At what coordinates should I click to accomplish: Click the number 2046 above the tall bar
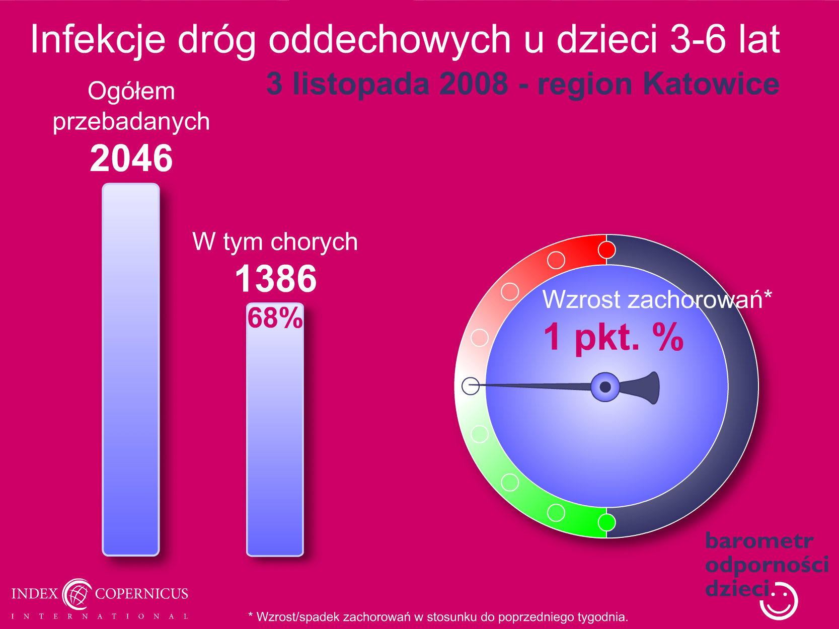point(131,158)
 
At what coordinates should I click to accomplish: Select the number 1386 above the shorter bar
point(276,279)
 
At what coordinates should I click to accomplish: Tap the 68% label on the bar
point(275,318)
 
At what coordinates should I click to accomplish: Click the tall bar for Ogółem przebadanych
point(131,369)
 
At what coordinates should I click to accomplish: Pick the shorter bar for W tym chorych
point(275,430)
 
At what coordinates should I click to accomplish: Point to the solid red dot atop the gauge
point(606,250)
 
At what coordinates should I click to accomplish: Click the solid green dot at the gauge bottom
point(606,522)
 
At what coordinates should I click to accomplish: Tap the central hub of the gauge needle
point(605,387)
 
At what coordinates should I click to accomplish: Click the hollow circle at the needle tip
point(471,386)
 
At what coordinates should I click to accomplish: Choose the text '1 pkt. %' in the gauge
point(614,337)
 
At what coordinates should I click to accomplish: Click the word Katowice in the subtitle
point(711,84)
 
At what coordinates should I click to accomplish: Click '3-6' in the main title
point(698,39)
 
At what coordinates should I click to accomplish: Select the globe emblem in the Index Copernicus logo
point(77,594)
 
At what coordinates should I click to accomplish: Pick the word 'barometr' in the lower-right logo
point(759,540)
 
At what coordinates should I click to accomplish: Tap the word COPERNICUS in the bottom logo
point(141,593)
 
